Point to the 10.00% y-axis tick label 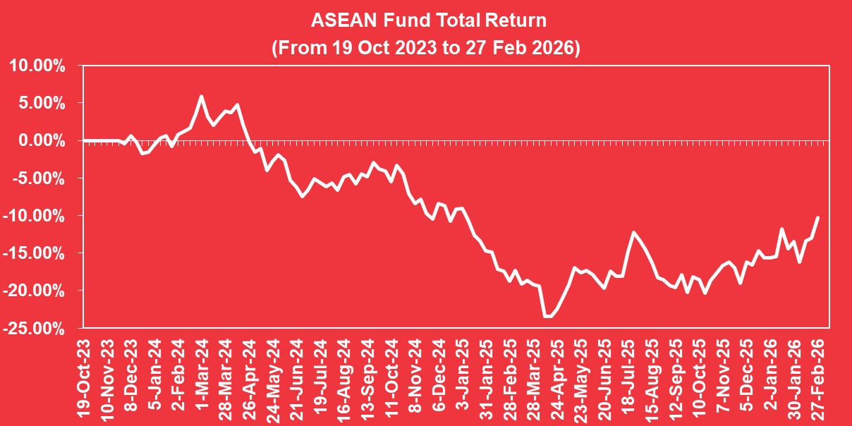pyautogui.click(x=37, y=66)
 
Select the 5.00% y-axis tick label pyautogui.click(x=41, y=103)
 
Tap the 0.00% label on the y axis pyautogui.click(x=41, y=140)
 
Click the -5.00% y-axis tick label pyautogui.click(x=39, y=178)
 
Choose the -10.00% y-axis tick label pyautogui.click(x=35, y=215)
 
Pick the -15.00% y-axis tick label pyautogui.click(x=35, y=252)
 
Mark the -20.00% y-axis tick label pyautogui.click(x=35, y=290)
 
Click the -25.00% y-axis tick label pyautogui.click(x=35, y=327)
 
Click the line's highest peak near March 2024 pyautogui.click(x=201, y=97)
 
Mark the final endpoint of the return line pyautogui.click(x=817, y=217)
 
